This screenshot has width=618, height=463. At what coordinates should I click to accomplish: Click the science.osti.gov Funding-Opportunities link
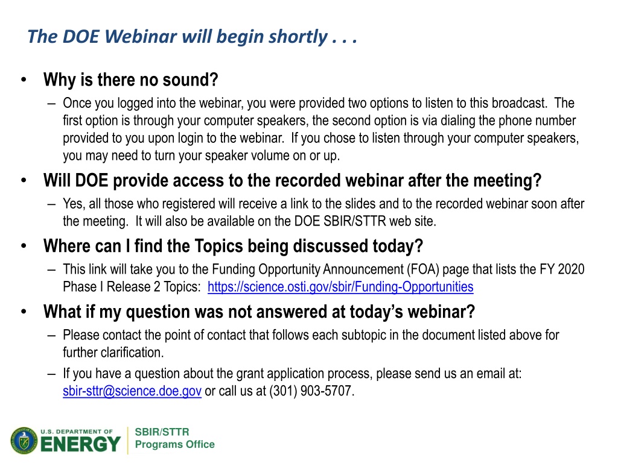click(x=340, y=287)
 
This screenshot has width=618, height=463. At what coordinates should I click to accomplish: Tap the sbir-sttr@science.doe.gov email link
click(x=132, y=391)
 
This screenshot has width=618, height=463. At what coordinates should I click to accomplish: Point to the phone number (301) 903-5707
click(x=312, y=391)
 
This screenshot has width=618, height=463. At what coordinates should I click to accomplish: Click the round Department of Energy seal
click(x=24, y=440)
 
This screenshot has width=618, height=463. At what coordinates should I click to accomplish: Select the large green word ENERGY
click(x=80, y=445)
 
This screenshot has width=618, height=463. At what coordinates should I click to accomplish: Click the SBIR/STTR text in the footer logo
click(x=162, y=432)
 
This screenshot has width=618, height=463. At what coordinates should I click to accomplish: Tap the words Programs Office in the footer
click(x=174, y=444)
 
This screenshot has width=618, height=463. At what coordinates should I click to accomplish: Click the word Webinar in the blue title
click(x=141, y=37)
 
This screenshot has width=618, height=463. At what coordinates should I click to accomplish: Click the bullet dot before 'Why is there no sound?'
click(x=24, y=80)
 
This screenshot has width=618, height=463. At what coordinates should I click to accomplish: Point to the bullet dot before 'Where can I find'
click(x=24, y=246)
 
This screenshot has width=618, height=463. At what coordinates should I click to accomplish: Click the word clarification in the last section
click(x=132, y=352)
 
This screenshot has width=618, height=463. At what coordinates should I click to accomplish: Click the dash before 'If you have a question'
click(x=51, y=374)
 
